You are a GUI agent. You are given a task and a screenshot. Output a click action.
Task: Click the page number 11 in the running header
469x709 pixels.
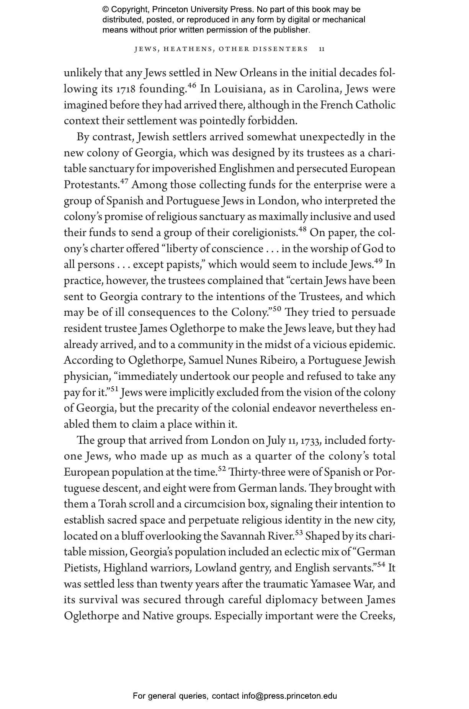pyautogui.click(x=322, y=49)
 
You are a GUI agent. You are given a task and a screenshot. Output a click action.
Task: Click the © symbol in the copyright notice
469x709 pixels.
pyautogui.click(x=106, y=10)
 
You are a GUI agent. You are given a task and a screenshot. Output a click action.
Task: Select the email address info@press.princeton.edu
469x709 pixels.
pyautogui.click(x=289, y=696)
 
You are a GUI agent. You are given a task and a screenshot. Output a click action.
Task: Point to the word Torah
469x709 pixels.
pyautogui.click(x=113, y=504)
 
